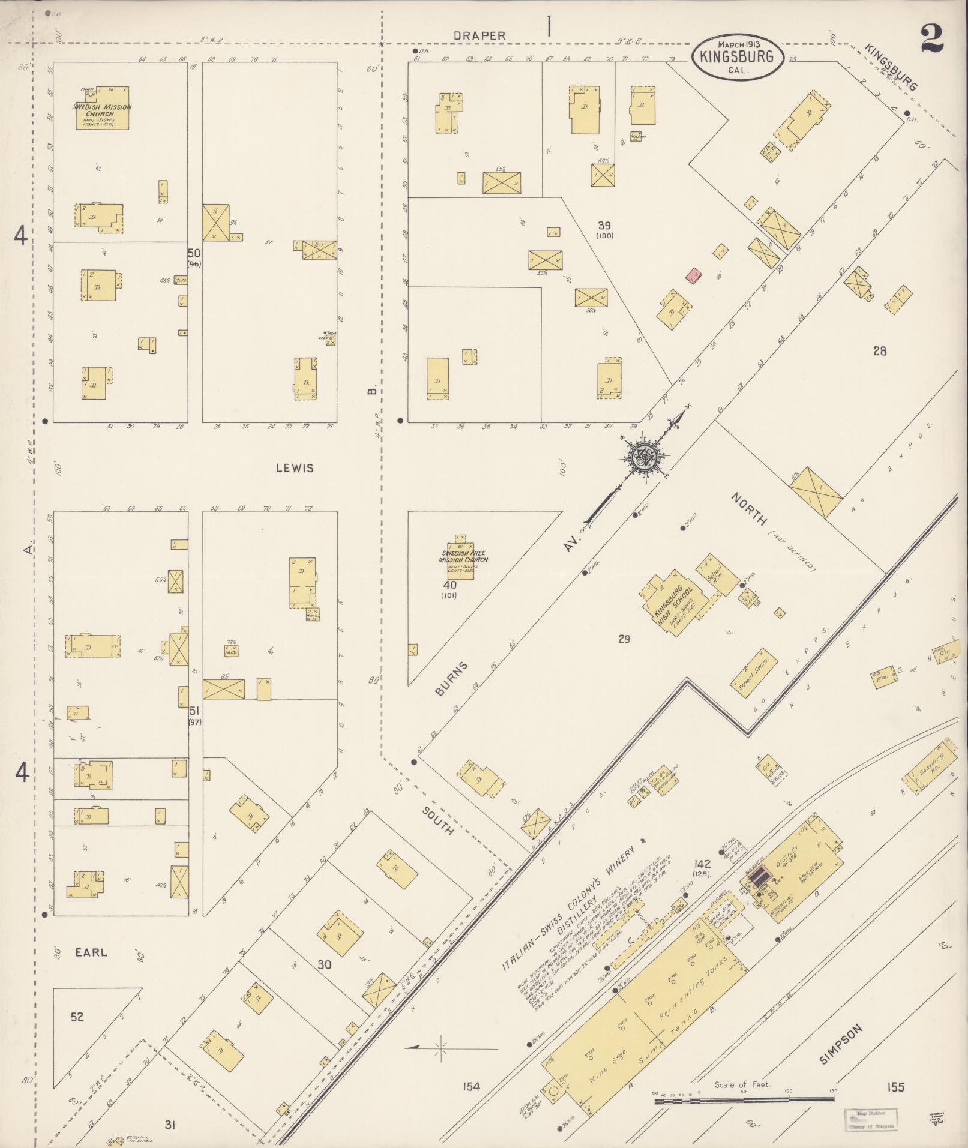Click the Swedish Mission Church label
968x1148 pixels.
click(x=102, y=110)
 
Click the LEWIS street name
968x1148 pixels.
click(x=295, y=468)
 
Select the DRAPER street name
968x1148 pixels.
click(x=479, y=35)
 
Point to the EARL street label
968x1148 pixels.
click(x=92, y=952)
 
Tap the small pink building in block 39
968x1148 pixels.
click(x=694, y=276)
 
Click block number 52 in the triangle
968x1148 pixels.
click(x=77, y=1017)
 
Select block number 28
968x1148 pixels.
click(x=880, y=351)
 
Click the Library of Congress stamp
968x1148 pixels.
click(x=870, y=1119)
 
